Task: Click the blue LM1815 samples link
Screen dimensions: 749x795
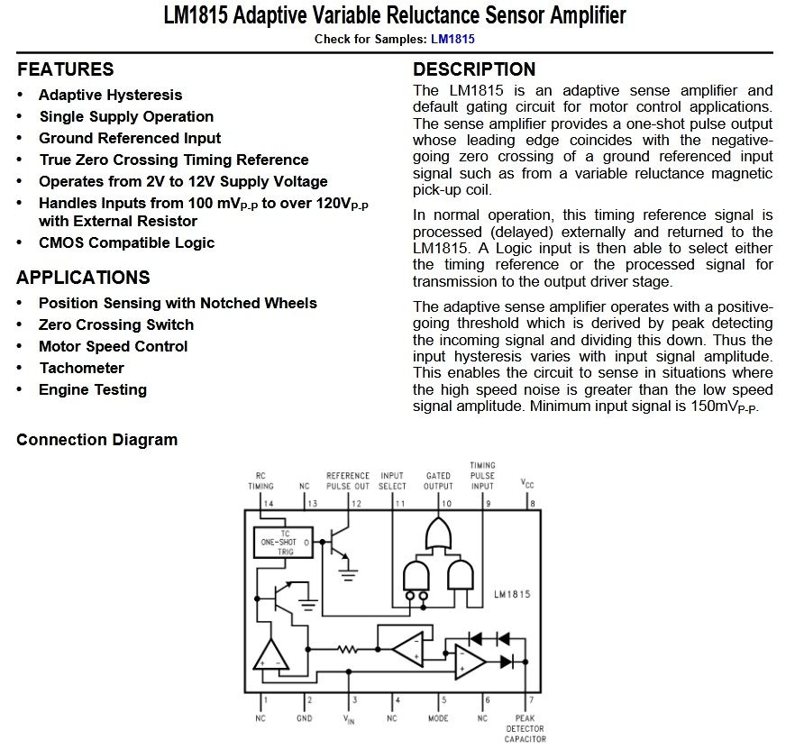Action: point(452,39)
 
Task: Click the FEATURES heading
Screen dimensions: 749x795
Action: point(65,69)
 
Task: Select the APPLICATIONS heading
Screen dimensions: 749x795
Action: point(83,278)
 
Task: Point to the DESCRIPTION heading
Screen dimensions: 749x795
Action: point(474,69)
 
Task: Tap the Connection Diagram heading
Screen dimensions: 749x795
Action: point(97,440)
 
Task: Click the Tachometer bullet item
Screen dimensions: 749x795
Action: point(81,368)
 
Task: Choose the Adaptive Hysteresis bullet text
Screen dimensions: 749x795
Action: point(110,95)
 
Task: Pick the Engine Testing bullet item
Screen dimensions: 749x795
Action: point(92,389)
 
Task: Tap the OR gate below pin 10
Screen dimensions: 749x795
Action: point(438,535)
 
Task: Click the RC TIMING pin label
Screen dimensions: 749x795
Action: point(261,480)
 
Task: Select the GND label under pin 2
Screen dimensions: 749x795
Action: point(305,718)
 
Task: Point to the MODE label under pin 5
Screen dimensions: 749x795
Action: point(438,718)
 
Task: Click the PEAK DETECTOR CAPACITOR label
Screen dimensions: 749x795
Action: point(525,729)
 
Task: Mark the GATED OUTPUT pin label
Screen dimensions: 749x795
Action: point(439,480)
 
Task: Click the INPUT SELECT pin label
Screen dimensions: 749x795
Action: point(393,480)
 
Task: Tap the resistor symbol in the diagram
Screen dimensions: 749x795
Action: point(348,648)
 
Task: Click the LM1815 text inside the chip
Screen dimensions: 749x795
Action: point(512,595)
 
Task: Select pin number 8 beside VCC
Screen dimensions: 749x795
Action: point(533,503)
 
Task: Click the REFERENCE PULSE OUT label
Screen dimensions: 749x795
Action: point(348,480)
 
